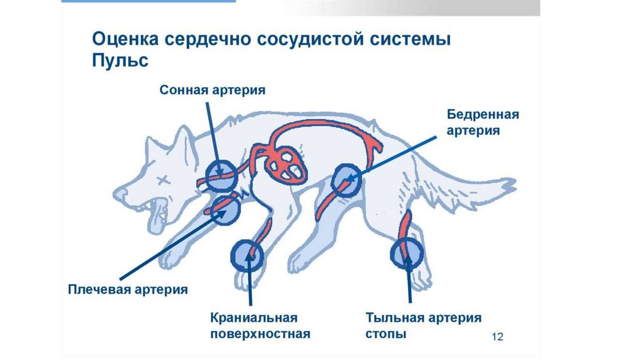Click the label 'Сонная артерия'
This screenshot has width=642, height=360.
click(213, 90)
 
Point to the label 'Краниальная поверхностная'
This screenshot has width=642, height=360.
click(261, 326)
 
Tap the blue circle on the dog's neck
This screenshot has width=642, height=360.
click(221, 175)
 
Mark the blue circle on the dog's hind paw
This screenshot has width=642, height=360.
click(408, 253)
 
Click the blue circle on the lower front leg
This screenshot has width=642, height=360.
click(248, 255)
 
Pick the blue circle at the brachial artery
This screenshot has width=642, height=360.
click(226, 209)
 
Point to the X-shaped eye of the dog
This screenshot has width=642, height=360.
click(165, 181)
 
